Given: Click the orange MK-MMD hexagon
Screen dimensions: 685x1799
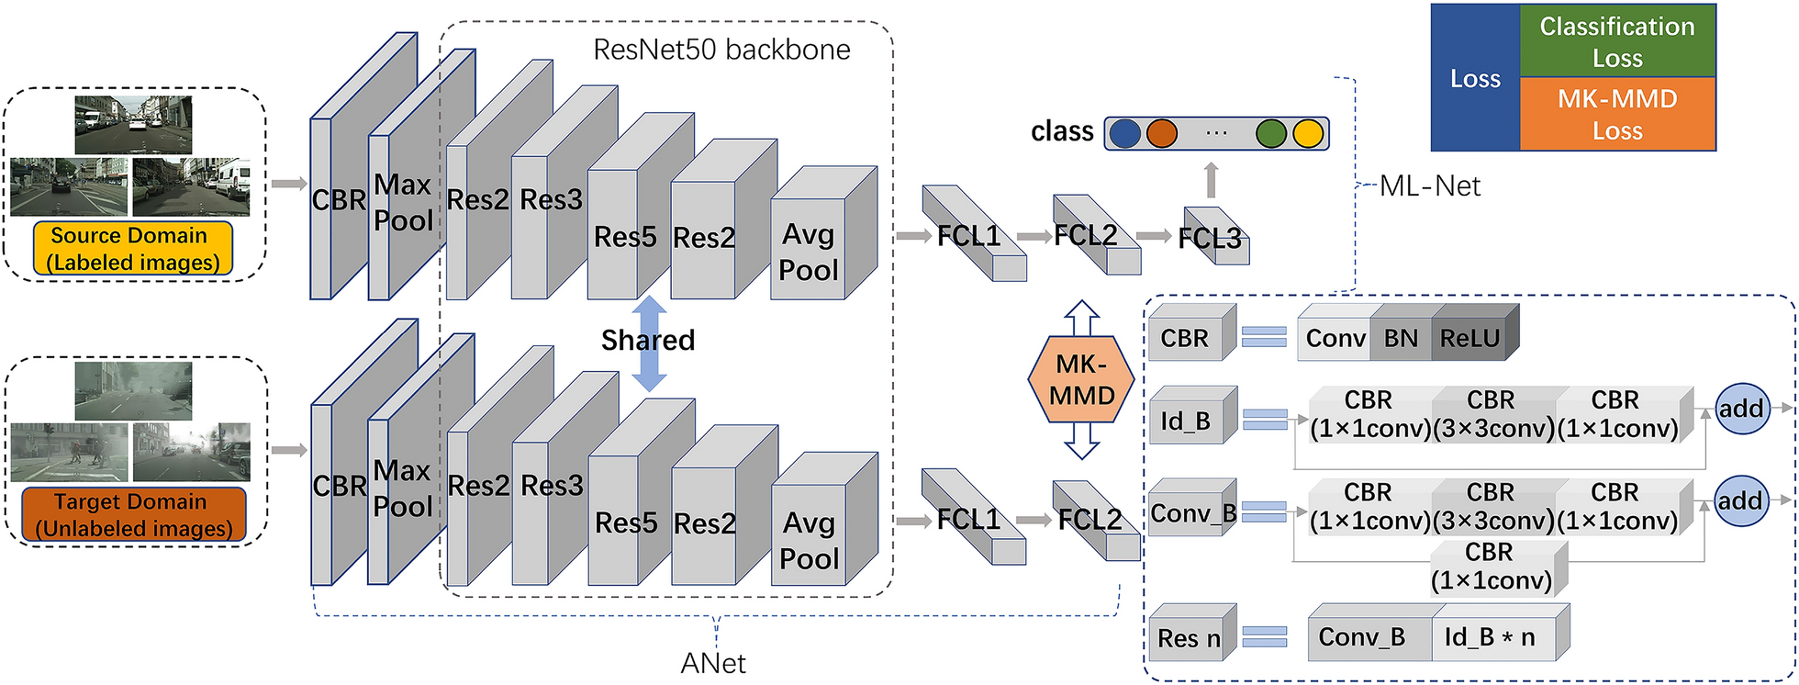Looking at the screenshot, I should pyautogui.click(x=1082, y=380).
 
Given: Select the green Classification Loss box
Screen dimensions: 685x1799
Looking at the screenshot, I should pyautogui.click(x=1617, y=41).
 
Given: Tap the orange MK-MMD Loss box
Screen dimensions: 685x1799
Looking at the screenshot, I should pyautogui.click(x=1617, y=114).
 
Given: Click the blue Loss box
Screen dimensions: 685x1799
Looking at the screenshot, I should pyautogui.click(x=1475, y=78).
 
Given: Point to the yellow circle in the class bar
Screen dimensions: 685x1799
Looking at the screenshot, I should pyautogui.click(x=1308, y=133).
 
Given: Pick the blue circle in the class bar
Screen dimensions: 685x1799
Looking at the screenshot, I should pyautogui.click(x=1124, y=133).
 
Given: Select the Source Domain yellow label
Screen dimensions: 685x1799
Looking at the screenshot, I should pyautogui.click(x=133, y=249).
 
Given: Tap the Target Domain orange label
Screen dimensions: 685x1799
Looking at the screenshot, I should pyautogui.click(x=133, y=515).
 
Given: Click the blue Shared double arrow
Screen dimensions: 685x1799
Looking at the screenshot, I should pyautogui.click(x=649, y=343).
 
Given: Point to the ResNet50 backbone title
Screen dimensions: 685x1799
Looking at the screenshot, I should pyautogui.click(x=721, y=50).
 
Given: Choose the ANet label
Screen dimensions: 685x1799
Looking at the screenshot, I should pyautogui.click(x=713, y=663).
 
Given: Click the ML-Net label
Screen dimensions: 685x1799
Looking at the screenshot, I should pyautogui.click(x=1430, y=186).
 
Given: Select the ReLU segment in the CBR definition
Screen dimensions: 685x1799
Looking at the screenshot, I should pyautogui.click(x=1470, y=339).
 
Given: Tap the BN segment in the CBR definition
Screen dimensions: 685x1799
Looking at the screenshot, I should pyautogui.click(x=1401, y=339).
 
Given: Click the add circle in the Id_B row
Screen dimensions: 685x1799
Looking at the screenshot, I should pyautogui.click(x=1741, y=409).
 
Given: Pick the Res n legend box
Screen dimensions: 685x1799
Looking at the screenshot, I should pyautogui.click(x=1190, y=637).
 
